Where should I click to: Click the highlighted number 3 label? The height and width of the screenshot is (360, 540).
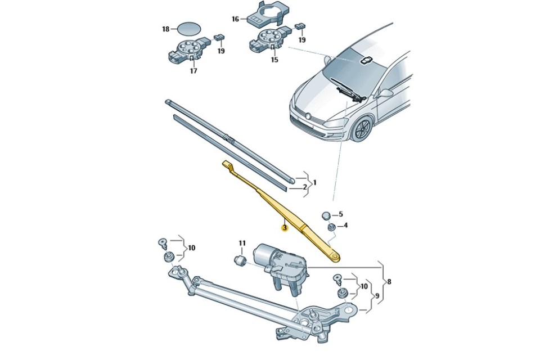click(284, 228)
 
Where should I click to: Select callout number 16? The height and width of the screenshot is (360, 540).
click(235, 19)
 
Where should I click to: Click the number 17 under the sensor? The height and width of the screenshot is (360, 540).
click(193, 71)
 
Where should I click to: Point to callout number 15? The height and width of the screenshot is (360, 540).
click(274, 60)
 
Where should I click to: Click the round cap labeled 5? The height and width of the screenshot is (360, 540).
click(326, 216)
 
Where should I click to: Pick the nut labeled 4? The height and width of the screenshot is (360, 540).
click(331, 227)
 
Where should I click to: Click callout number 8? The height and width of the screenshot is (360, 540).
click(389, 282)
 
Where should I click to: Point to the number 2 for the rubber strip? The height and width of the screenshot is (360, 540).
click(305, 187)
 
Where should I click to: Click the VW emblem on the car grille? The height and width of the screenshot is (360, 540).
click(309, 116)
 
